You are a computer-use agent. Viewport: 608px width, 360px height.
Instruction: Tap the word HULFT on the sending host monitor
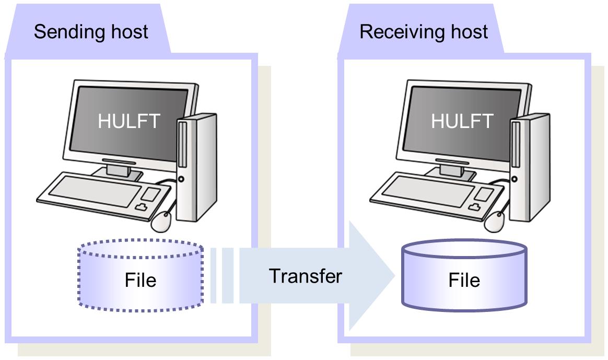[128, 121]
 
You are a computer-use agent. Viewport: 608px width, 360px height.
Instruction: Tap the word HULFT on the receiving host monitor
[462, 121]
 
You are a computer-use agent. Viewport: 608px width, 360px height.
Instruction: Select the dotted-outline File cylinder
[140, 274]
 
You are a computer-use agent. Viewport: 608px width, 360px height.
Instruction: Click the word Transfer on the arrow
[306, 275]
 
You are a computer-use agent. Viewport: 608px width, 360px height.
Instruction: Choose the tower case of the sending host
[196, 167]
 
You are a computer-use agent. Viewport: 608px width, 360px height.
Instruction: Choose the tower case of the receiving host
[530, 167]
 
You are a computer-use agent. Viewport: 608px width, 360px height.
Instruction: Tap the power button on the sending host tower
[181, 179]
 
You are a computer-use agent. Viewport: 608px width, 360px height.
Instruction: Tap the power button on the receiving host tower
[515, 179]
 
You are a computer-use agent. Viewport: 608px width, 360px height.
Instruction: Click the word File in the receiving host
[464, 281]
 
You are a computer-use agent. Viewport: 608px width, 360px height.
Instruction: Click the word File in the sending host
[140, 281]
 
